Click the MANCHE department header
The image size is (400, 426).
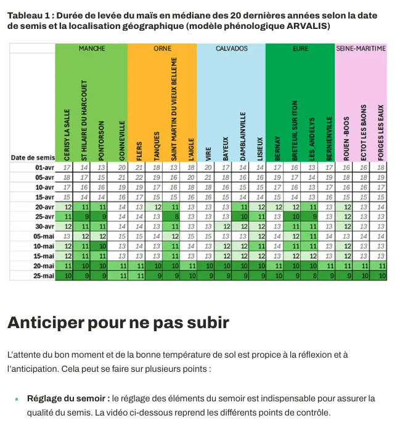tap(91, 48)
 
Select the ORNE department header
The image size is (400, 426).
tap(162, 48)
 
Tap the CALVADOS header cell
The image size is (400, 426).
tap(231, 48)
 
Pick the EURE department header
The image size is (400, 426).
tap(300, 48)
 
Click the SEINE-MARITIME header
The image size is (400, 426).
tap(361, 48)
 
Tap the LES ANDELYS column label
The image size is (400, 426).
tap(312, 139)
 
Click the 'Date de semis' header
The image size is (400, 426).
tap(33, 158)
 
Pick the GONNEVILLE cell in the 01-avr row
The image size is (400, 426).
tap(121, 167)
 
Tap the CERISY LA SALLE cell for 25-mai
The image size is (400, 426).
tap(67, 276)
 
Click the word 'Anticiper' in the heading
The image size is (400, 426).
tap(47, 322)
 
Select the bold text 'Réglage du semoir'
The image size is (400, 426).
tap(68, 399)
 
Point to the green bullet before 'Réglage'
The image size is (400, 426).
tap(16, 400)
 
